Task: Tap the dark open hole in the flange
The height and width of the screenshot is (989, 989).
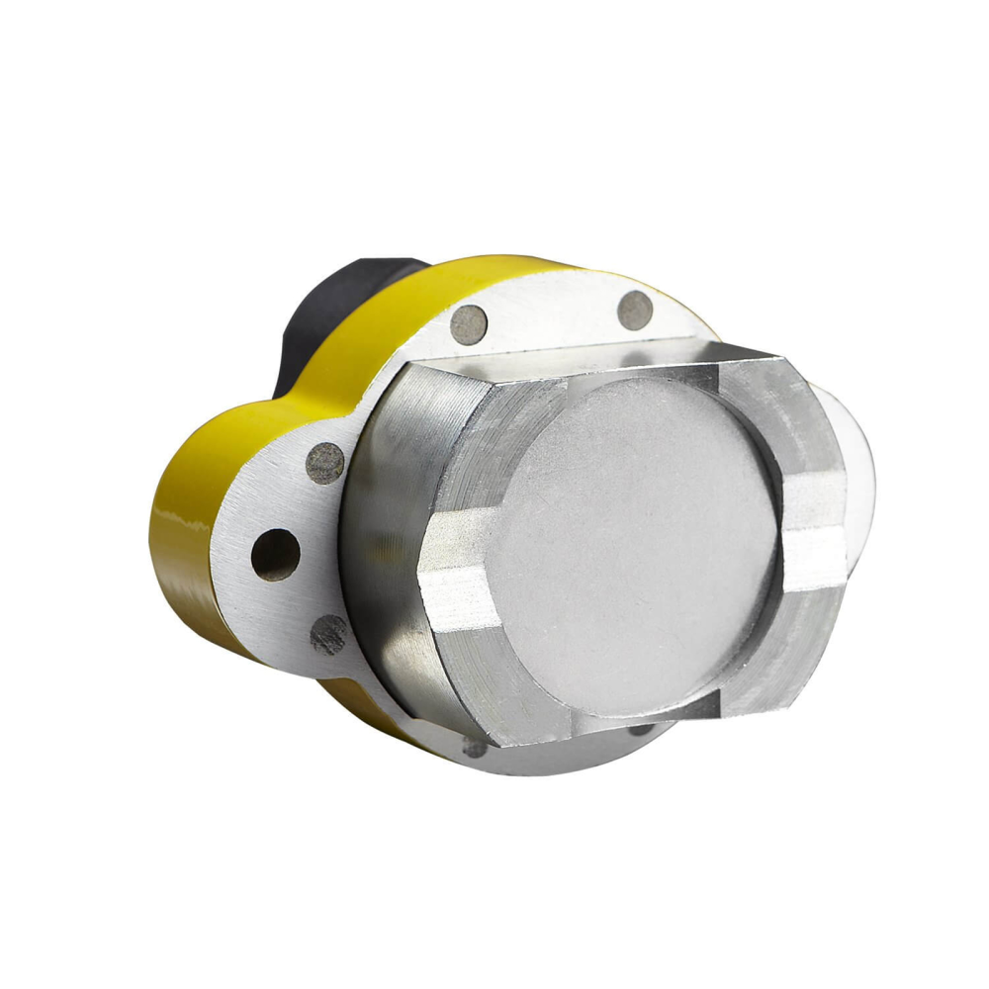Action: [275, 555]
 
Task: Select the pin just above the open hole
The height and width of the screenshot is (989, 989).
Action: [325, 462]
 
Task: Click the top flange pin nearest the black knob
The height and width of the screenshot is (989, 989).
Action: [470, 322]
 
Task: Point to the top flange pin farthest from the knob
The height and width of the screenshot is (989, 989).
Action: [635, 311]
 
